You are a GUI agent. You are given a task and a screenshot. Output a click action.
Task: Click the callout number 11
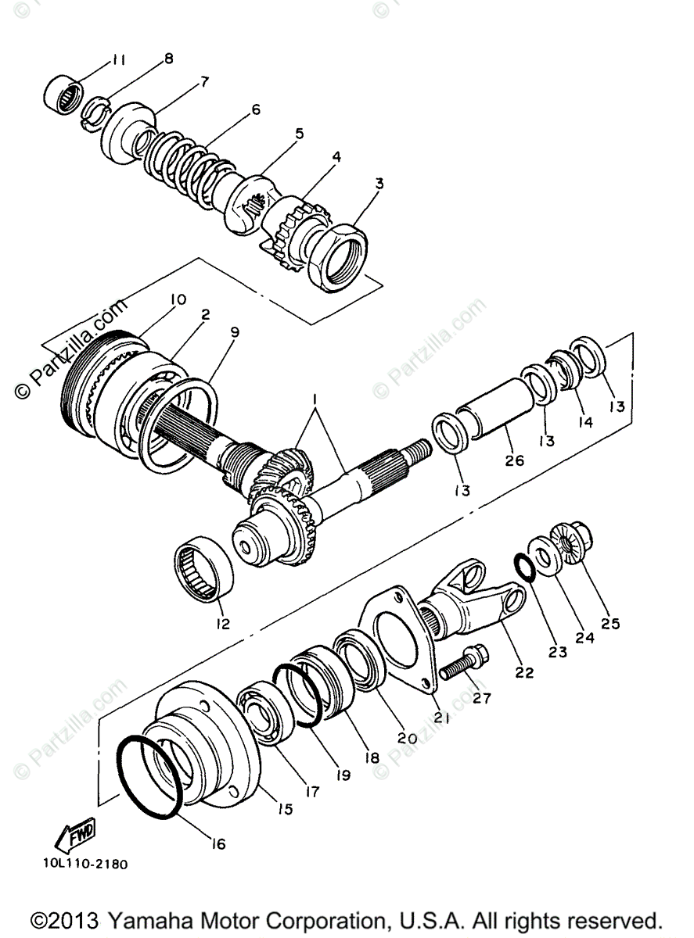(x=117, y=59)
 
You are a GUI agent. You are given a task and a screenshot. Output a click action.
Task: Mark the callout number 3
(x=379, y=184)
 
